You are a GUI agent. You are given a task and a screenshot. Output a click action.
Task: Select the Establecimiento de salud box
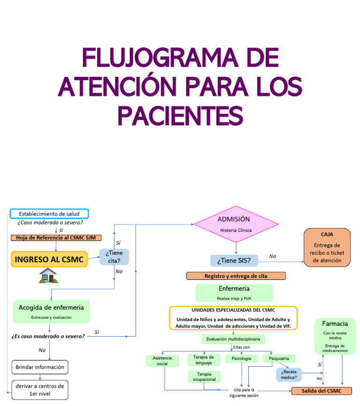pos(49,214)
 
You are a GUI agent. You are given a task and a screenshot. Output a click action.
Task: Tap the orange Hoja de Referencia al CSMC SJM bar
pos(56,238)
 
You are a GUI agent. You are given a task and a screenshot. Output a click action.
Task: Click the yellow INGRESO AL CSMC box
pos(49,259)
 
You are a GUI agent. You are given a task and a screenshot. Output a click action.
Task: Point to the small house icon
pos(47,276)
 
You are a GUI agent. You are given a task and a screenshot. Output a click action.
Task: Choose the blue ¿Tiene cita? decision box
pos(114,257)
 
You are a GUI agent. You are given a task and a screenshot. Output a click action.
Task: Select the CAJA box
pos(327,248)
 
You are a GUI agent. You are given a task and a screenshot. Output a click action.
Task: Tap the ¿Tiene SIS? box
pos(234,260)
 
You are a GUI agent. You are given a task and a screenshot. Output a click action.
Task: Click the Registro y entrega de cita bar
pos(236,276)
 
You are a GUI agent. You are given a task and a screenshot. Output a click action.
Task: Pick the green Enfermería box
pos(234,293)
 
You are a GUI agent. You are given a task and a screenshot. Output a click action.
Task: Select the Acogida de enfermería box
pos(51,312)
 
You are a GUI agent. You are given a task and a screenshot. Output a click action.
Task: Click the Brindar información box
pos(40,367)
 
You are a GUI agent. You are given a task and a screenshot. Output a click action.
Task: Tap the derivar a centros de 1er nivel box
pos(40,390)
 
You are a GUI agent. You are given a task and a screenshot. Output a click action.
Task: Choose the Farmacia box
pos(335,336)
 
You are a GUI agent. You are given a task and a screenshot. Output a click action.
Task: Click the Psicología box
pos(241,358)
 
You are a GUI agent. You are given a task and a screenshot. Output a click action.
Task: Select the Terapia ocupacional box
pos(204,377)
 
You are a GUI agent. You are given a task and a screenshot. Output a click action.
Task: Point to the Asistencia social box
pos(162,361)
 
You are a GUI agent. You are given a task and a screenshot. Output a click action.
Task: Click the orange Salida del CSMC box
pos(322,391)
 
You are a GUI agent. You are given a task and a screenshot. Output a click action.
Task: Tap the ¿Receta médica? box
pos(289,375)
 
